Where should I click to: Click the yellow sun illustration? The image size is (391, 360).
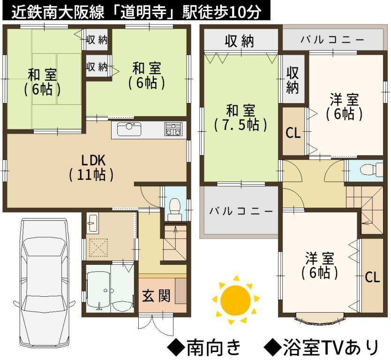(236, 300)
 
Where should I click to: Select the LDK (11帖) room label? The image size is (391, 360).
(91, 168)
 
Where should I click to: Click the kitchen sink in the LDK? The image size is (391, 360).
(129, 128)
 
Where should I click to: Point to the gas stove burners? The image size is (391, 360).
(173, 129)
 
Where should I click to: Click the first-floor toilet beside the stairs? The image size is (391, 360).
(174, 209)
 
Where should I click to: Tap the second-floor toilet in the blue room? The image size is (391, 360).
(371, 169)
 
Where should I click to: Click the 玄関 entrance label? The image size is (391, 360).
(156, 296)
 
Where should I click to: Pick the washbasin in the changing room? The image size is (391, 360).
(93, 223)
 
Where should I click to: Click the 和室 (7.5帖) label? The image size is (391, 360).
(241, 118)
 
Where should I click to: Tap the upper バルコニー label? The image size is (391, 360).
(332, 40)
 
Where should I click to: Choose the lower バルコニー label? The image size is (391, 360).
(241, 211)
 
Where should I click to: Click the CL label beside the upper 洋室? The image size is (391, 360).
(293, 133)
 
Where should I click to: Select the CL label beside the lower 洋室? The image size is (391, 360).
(372, 277)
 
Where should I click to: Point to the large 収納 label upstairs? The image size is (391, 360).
(240, 41)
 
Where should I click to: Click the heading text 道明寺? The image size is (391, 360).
(143, 12)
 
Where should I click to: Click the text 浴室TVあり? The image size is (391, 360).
(331, 347)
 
